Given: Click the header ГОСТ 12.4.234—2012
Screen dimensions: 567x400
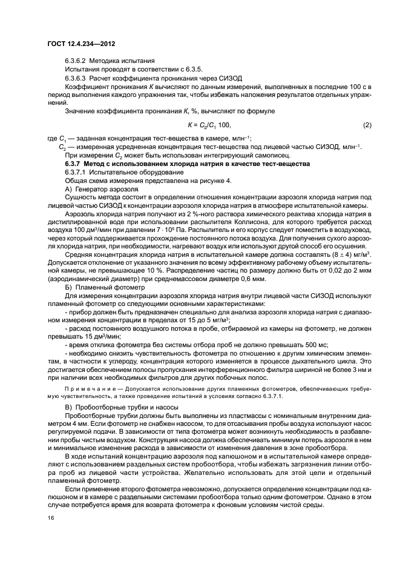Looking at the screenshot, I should pyautogui.click(x=81, y=45).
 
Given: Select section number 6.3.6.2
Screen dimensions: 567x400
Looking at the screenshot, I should pyautogui.click(x=76, y=62).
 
